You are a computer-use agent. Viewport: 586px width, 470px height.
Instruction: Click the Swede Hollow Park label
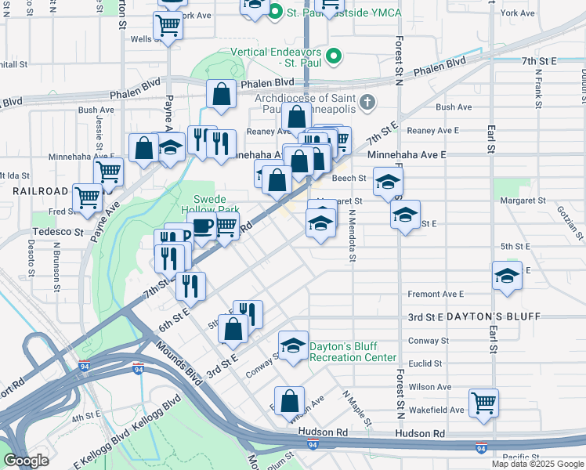pos(210,204)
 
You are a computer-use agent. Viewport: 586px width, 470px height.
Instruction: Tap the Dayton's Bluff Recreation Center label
pos(353,352)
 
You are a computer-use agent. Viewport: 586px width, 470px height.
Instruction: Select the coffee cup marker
pos(203,228)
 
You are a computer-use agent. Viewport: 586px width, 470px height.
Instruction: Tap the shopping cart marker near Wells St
pos(168,27)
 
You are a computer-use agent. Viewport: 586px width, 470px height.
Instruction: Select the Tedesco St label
pos(57,232)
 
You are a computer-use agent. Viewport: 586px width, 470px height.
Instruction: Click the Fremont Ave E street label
pos(436,295)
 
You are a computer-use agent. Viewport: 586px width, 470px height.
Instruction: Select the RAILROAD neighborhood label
pos(41,191)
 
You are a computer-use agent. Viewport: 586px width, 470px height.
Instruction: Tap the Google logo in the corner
pos(27,461)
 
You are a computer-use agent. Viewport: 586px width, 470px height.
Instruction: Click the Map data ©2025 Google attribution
pos(537,464)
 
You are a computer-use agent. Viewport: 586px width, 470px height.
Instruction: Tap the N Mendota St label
pos(353,235)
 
